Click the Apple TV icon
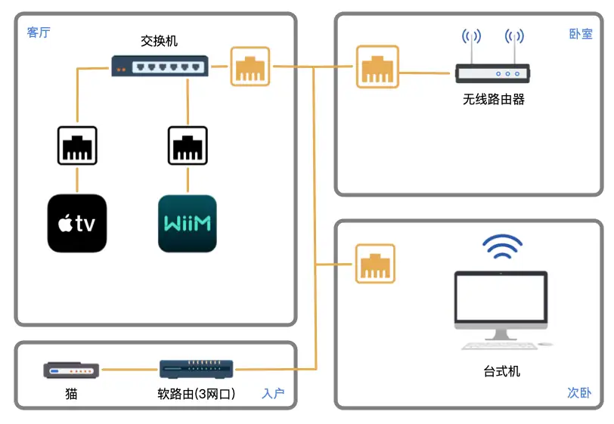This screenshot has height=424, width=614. (77, 224)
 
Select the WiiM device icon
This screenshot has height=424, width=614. (188, 224)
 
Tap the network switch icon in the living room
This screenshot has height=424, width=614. (159, 67)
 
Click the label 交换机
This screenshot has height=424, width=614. (159, 41)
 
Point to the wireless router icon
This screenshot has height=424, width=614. (493, 73)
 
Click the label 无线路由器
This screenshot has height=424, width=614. (493, 100)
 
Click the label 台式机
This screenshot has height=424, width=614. (501, 371)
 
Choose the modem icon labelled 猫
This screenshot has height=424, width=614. (71, 370)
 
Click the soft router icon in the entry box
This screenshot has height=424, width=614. (197, 369)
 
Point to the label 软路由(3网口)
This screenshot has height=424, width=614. (197, 394)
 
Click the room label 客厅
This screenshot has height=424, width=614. (39, 32)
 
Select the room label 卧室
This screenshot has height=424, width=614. (580, 34)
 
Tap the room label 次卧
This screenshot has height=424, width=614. (579, 393)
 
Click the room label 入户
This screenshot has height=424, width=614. (273, 394)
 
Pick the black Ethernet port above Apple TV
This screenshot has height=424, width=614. (77, 146)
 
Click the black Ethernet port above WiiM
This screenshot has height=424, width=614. (188, 146)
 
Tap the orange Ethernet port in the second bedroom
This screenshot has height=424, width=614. (376, 264)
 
